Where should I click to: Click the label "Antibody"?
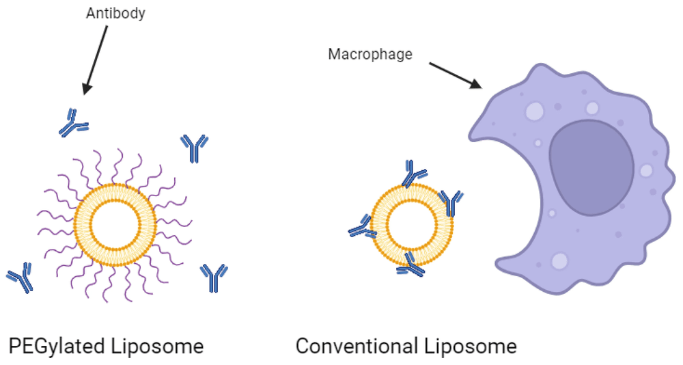coord(115,13)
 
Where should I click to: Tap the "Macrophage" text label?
coord(370,54)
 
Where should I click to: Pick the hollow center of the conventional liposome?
coord(412,224)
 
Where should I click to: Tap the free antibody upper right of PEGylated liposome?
coord(195,148)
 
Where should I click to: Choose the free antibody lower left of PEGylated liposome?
coord(20,277)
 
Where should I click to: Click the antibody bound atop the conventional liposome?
coord(413,174)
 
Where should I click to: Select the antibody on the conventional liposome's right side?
coord(451,202)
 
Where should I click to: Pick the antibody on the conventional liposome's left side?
coord(362,228)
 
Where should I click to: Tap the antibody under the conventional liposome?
coord(410,265)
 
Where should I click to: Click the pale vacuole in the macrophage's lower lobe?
coord(559,261)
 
